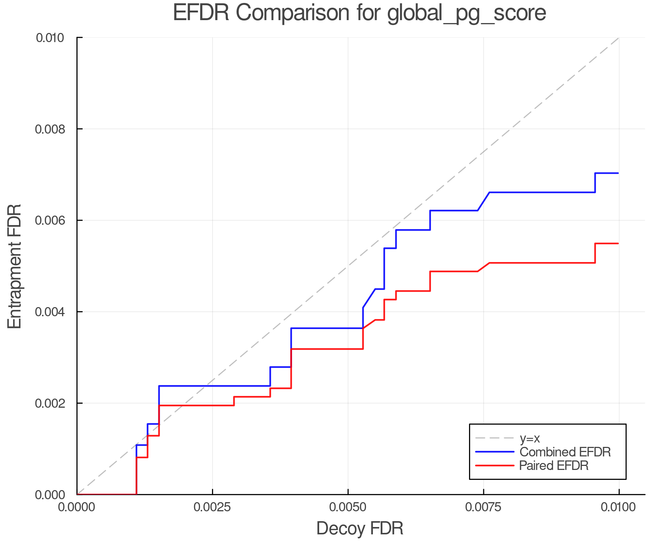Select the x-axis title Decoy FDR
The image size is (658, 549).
click(x=360, y=529)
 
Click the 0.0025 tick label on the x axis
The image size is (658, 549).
click(x=212, y=507)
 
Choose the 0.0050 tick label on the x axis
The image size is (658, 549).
click(x=348, y=507)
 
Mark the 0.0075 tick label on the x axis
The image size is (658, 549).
click(x=483, y=507)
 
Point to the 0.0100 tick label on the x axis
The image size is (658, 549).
click(x=619, y=507)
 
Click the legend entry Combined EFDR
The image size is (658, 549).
click(x=565, y=452)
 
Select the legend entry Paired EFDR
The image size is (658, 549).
click(x=554, y=466)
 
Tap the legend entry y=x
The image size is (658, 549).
click(x=530, y=438)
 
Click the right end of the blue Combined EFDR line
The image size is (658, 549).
click(x=618, y=173)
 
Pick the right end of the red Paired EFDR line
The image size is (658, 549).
click(x=618, y=243)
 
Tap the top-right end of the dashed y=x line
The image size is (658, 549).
click(x=618, y=38)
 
